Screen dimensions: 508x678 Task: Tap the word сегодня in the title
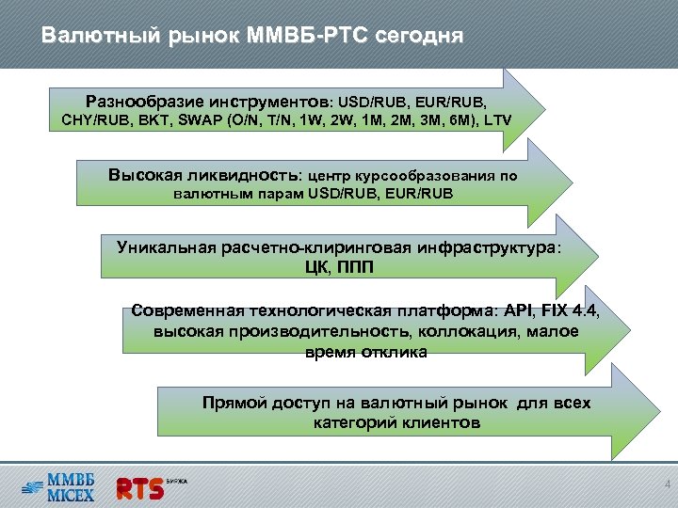418,37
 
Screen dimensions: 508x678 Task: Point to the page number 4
666,485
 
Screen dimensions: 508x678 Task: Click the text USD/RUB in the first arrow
374,100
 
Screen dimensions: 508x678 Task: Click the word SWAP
198,120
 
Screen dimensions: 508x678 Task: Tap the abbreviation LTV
500,120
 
